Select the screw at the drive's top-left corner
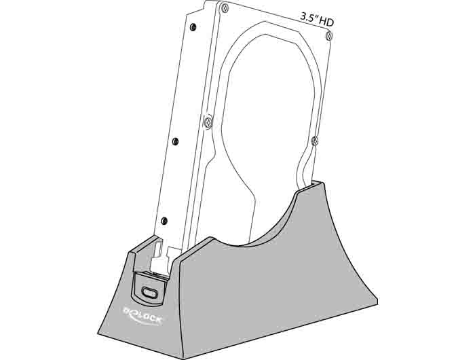[x=224, y=7]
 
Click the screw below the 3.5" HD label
[x=329, y=36]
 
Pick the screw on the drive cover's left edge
[x=208, y=122]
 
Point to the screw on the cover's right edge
[x=315, y=141]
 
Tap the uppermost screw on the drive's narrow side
[x=193, y=27]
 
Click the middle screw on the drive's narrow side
[x=175, y=141]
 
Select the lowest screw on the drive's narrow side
[x=164, y=221]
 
